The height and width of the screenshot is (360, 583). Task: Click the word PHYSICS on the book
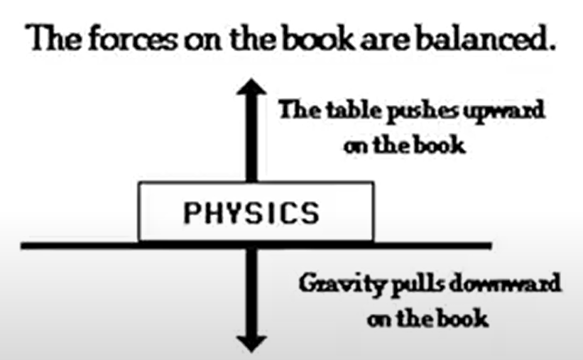pyautogui.click(x=253, y=212)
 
